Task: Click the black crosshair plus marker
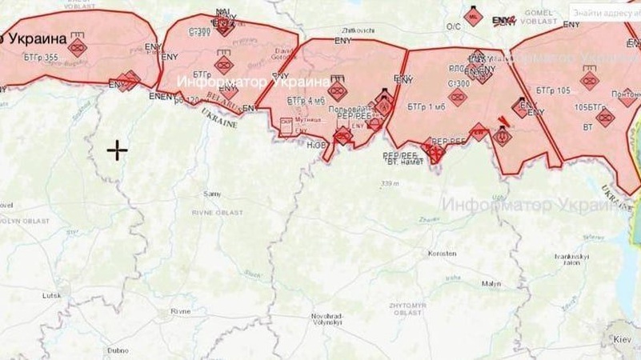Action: [x=118, y=150]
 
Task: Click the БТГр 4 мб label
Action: [x=306, y=101]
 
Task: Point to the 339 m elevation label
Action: [x=390, y=183]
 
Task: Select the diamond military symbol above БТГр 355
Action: [x=77, y=47]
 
